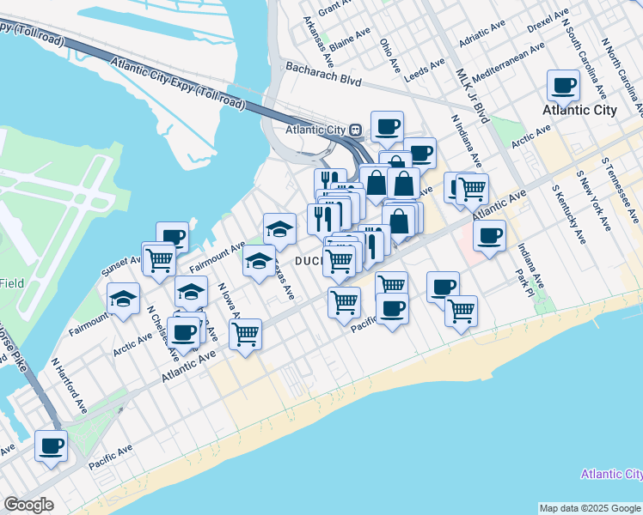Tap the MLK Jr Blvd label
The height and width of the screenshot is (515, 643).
coord(472,95)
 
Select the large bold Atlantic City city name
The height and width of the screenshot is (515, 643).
coord(579,110)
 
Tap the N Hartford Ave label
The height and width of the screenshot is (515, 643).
coord(69,387)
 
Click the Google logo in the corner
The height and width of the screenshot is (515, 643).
coord(29,505)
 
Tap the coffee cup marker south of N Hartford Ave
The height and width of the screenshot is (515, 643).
coord(51,447)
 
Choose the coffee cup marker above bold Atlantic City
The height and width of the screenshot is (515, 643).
coord(564,85)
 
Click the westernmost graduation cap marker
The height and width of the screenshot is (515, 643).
coord(124,299)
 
